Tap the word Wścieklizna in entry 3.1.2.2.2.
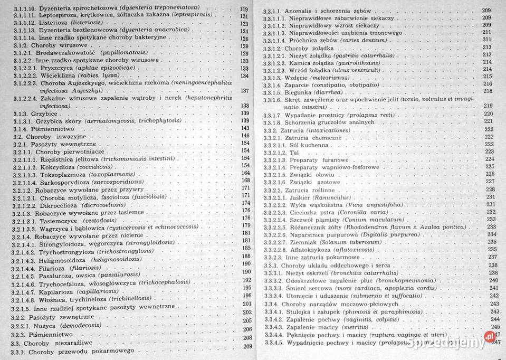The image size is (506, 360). pyautogui.click(x=55, y=76)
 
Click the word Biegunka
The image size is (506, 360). pyautogui.click(x=299, y=91)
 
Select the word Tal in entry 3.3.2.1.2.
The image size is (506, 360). pyautogui.click(x=294, y=152)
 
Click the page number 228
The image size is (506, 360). pyautogui.click(x=490, y=190)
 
